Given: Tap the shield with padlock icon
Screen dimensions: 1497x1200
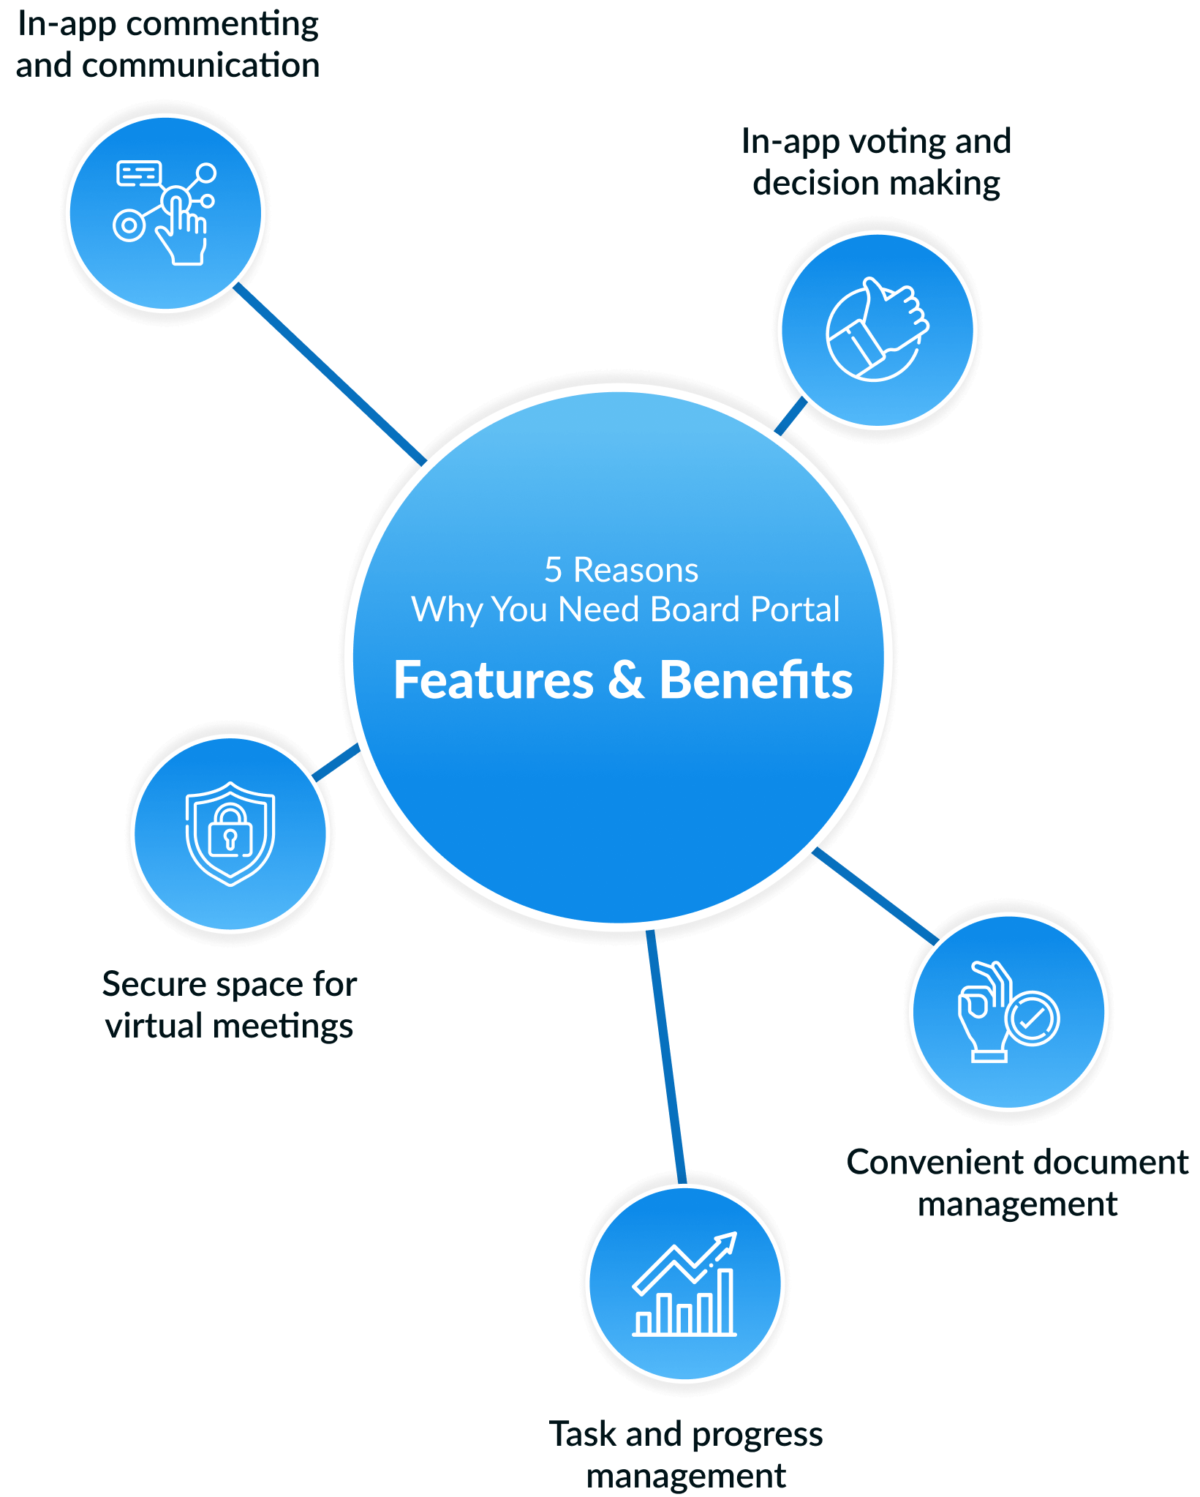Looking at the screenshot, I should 230,834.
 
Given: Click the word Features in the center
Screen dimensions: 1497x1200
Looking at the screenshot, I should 494,680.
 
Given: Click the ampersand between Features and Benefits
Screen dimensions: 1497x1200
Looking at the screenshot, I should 626,680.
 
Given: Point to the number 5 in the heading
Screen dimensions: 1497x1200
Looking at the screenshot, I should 553,571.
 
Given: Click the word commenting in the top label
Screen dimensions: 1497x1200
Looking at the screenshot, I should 222,25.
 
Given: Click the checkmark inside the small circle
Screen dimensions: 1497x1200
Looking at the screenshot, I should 1032,1018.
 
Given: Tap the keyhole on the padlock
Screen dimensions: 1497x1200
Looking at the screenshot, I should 230,838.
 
